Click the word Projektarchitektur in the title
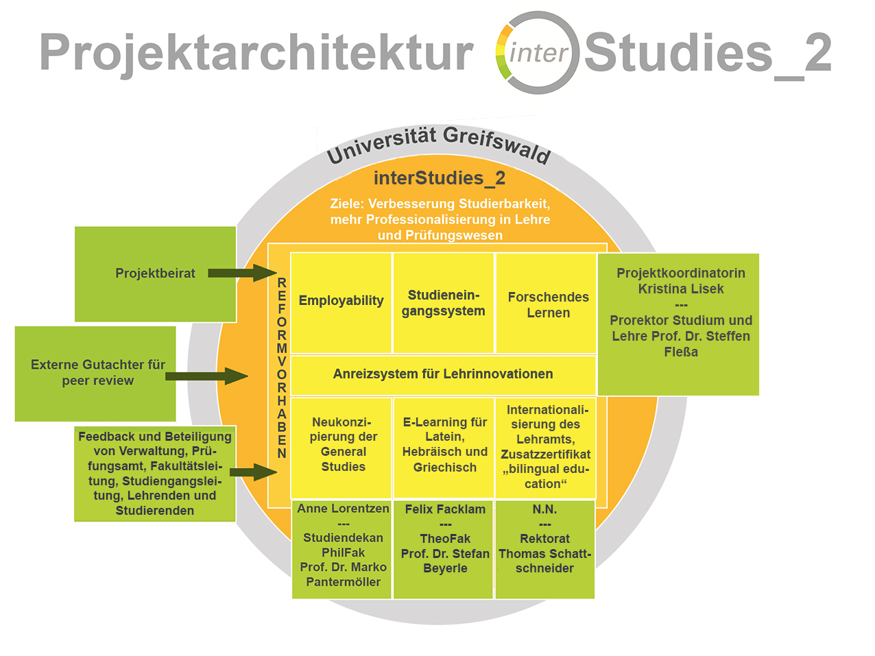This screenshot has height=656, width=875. (256, 53)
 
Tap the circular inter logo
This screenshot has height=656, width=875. (537, 53)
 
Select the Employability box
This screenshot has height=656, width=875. (341, 301)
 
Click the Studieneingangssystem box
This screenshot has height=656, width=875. (443, 303)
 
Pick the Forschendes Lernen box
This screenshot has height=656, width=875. (548, 304)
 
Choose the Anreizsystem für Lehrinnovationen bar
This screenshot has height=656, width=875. (443, 374)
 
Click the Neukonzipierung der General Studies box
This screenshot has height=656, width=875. (343, 445)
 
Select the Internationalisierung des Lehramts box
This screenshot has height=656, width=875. (546, 446)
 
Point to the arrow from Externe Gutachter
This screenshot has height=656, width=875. (206, 376)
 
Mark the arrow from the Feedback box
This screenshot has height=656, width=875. (253, 472)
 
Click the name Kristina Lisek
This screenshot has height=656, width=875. (680, 289)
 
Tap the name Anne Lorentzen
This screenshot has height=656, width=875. (343, 509)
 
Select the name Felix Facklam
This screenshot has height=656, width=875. (445, 509)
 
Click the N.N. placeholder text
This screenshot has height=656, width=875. (544, 509)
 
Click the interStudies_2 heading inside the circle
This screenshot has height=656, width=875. (440, 178)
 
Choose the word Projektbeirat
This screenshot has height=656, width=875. (155, 274)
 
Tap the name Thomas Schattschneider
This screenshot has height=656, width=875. (544, 561)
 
